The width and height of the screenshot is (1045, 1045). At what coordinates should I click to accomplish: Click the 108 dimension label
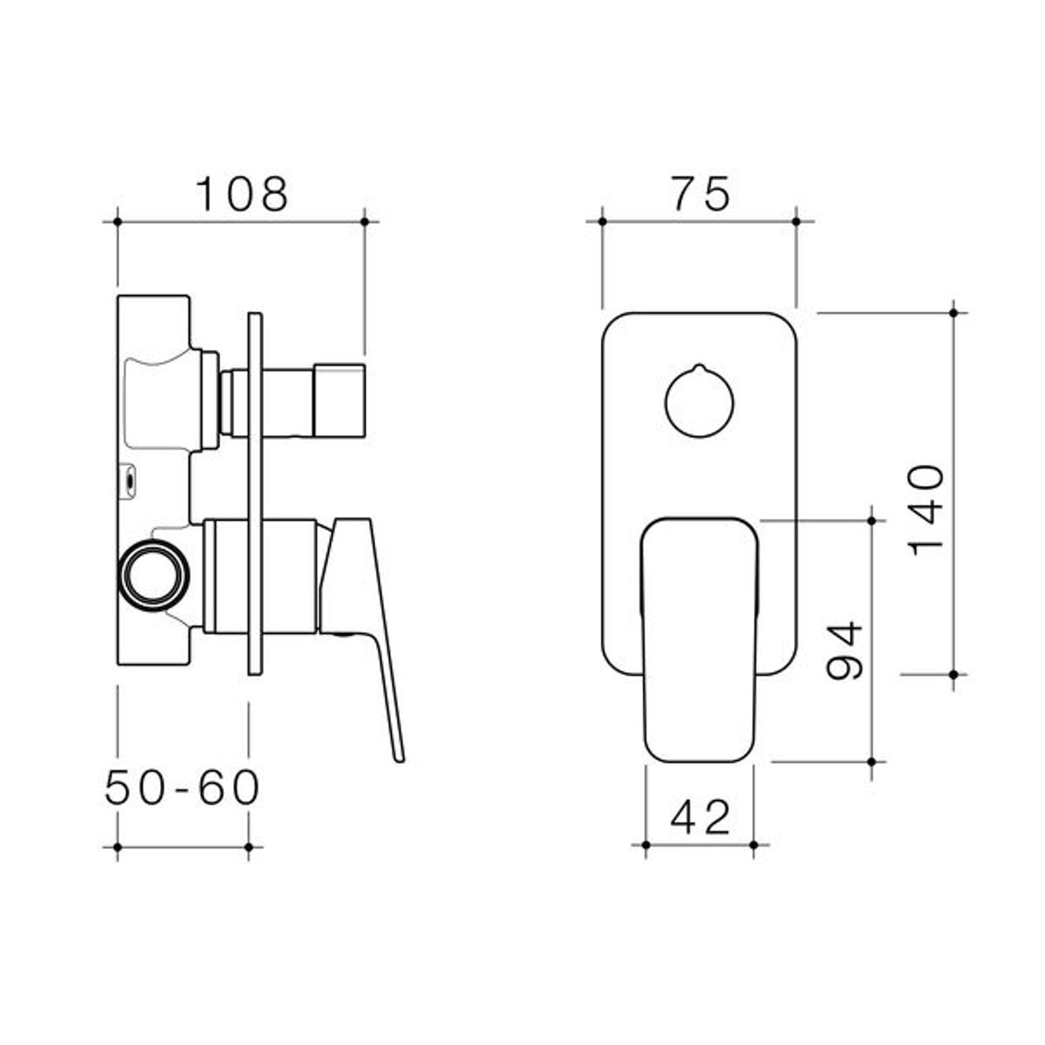point(242,194)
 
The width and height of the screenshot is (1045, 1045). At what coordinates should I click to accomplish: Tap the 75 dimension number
point(700,194)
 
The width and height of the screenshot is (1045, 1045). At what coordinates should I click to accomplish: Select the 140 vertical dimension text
point(927,509)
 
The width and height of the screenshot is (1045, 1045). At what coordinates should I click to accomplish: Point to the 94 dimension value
point(844,650)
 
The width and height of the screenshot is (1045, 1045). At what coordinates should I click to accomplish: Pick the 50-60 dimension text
point(181,787)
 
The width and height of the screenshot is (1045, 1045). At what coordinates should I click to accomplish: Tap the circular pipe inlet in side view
point(153,574)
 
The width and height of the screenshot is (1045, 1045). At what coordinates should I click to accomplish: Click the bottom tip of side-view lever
point(399,758)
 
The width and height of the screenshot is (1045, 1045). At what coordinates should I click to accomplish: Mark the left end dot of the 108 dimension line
point(117,221)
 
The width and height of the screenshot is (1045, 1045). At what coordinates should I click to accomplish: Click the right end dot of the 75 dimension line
point(796,221)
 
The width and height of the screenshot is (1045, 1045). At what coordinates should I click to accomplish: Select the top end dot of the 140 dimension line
point(953,312)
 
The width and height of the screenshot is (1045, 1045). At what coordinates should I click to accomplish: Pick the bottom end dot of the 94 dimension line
point(872,761)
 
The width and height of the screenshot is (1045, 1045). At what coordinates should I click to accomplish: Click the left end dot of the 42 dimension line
point(645,845)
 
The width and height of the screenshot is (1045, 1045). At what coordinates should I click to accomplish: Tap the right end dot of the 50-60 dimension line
point(249,847)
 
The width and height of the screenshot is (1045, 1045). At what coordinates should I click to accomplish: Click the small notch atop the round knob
point(699,367)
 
